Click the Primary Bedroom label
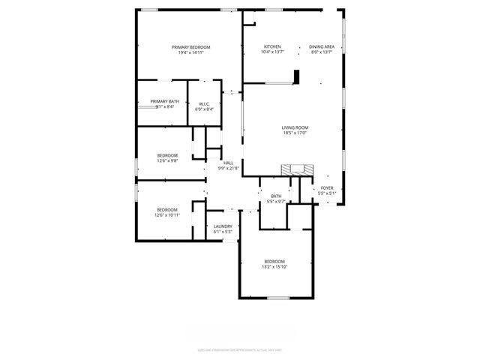[191, 46]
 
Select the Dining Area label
[322, 46]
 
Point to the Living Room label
[295, 127]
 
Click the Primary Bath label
[164, 101]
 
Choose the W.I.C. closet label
[204, 105]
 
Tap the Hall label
[228, 163]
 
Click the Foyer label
[327, 187]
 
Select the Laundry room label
[223, 226]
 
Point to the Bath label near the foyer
[276, 196]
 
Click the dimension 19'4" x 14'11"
[191, 52]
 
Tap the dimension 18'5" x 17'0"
[295, 133]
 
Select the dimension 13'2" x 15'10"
[275, 267]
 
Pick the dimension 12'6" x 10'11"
[167, 215]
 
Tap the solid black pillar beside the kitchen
[297, 77]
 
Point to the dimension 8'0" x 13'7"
[322, 52]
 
